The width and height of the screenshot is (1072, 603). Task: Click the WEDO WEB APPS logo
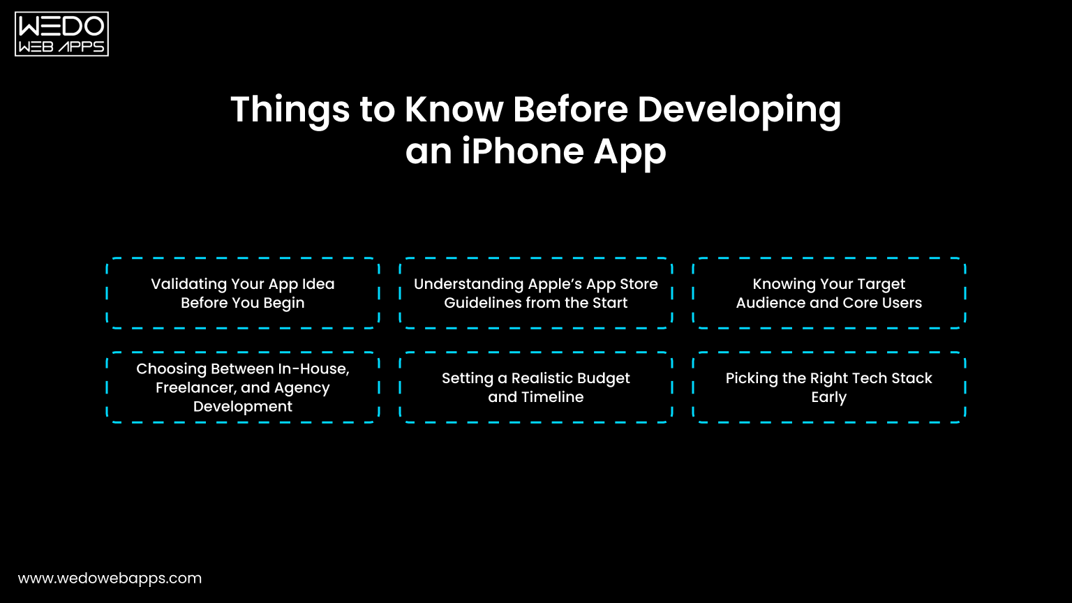coord(61,33)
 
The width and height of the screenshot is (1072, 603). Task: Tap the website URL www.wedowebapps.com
coord(110,579)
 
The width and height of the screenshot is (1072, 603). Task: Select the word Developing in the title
coord(739,110)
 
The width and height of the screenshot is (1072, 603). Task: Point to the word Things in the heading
coord(289,110)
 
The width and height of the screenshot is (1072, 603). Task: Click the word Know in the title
coord(454,110)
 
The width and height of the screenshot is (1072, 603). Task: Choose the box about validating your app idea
coord(243,293)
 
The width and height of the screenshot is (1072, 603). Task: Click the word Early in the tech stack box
coord(828,397)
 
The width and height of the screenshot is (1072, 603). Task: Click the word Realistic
coord(541,378)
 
